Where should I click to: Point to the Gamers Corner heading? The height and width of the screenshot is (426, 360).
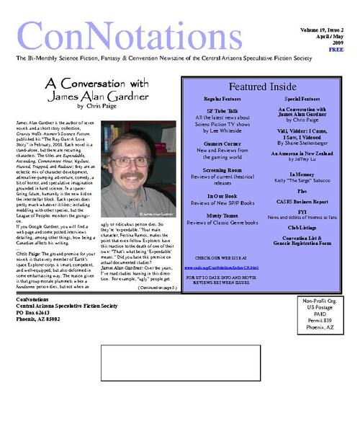click(x=221, y=143)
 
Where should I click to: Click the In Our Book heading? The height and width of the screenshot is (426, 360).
click(x=221, y=195)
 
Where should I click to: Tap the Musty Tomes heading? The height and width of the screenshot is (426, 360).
click(x=221, y=215)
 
